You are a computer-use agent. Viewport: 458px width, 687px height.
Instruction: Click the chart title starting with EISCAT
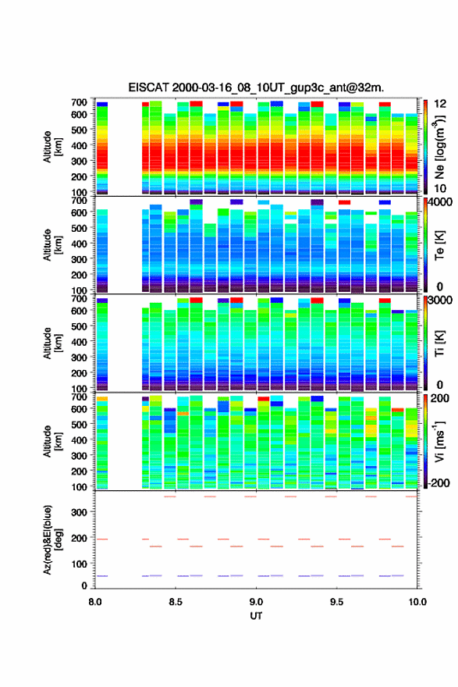point(256,87)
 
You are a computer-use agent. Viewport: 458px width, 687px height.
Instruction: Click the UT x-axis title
point(256,616)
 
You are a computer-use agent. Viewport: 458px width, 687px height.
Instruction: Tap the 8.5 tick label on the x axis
point(176,602)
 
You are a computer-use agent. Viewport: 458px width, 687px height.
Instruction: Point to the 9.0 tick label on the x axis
point(256,602)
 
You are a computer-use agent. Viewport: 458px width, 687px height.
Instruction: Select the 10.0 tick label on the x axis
point(417,602)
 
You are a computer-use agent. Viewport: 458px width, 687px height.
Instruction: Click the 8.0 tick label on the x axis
point(95,602)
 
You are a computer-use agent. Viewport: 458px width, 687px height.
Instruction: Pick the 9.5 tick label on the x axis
point(337,602)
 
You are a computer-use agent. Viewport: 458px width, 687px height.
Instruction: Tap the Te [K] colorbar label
point(439,245)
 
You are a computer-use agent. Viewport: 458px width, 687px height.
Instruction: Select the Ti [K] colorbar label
point(439,343)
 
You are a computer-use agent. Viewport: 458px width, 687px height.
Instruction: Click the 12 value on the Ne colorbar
point(440,104)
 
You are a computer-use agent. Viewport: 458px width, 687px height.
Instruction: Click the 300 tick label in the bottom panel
point(79,512)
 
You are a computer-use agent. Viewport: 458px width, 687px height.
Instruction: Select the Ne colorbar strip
point(425,148)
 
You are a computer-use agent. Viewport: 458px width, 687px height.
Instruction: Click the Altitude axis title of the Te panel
point(51,244)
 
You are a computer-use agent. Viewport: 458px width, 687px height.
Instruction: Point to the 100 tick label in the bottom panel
point(79,564)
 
